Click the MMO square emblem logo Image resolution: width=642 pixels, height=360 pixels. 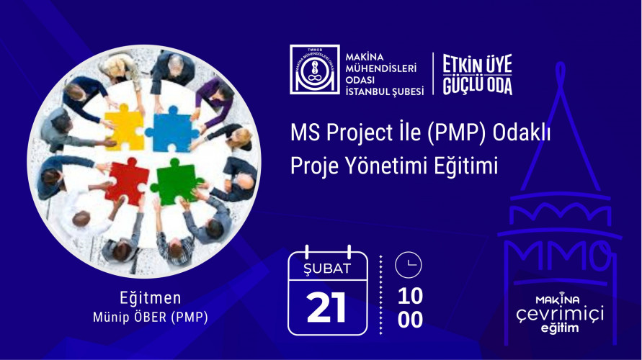[x=314, y=70]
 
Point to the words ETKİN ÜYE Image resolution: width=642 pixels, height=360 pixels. [x=477, y=64]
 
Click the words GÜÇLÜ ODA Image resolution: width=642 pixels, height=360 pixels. [x=477, y=84]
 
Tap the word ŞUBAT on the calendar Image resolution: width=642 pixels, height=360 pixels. [x=327, y=269]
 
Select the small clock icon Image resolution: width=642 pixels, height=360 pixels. [x=409, y=265]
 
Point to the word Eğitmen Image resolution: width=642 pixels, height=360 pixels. [x=151, y=298]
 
